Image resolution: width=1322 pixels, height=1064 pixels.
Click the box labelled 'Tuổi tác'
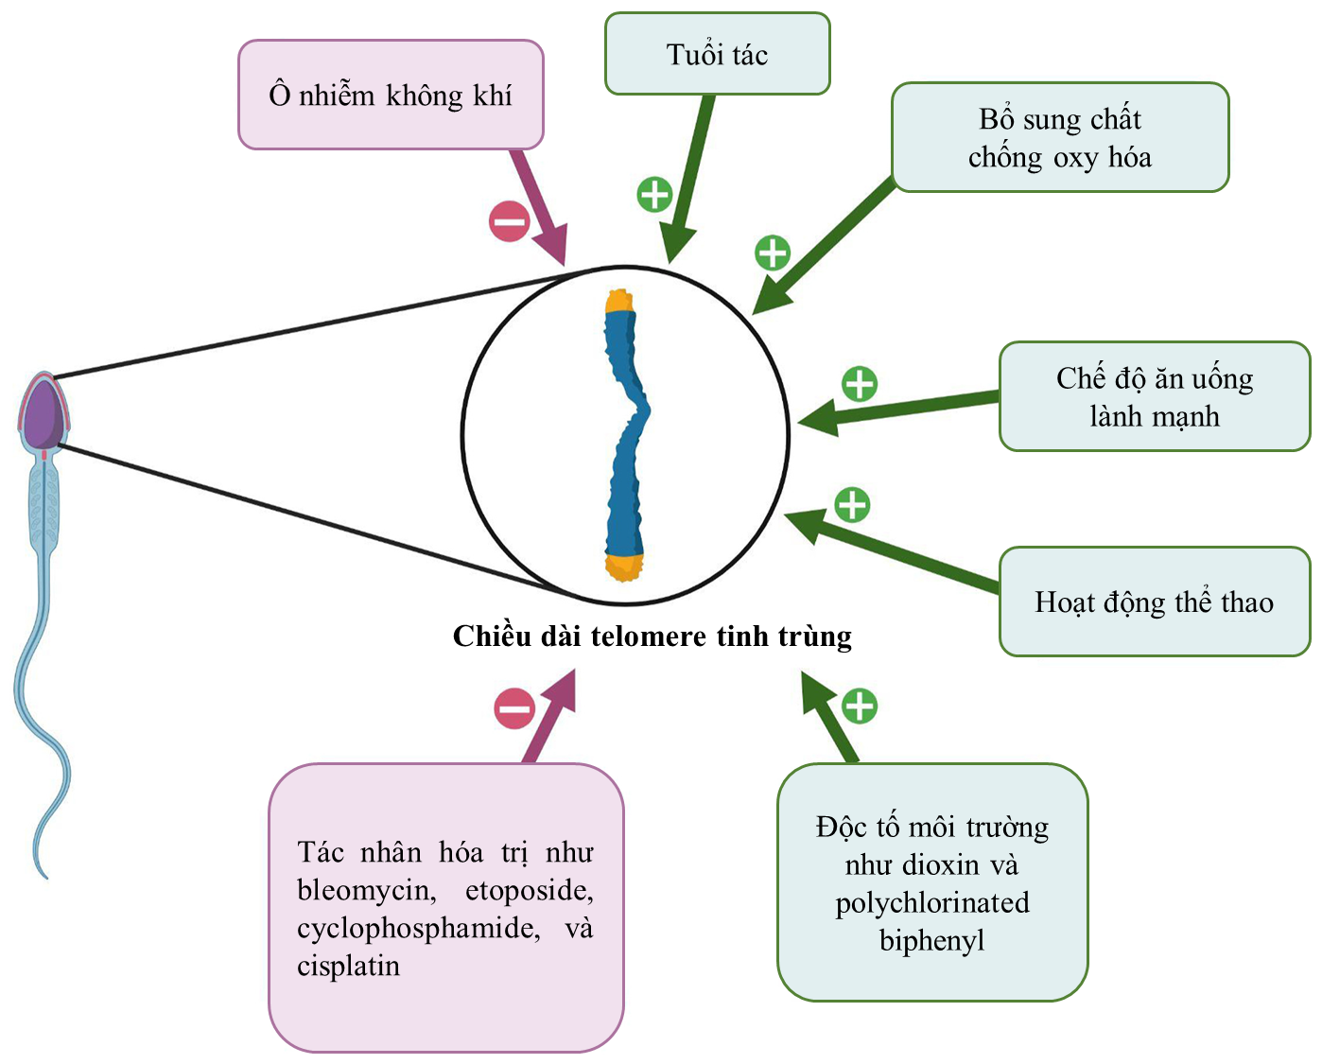click(x=717, y=54)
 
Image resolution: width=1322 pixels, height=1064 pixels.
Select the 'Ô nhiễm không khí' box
click(x=390, y=95)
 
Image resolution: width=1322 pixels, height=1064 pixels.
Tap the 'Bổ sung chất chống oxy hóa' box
click(x=1059, y=137)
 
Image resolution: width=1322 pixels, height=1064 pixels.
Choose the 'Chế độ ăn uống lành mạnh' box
click(x=1154, y=396)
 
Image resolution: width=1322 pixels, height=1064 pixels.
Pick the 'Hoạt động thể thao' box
click(x=1154, y=602)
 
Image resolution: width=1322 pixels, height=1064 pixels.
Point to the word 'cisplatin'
click(x=348, y=966)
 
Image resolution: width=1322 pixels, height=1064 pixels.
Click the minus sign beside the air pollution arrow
click(x=510, y=222)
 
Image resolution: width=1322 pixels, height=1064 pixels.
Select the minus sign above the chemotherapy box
click(x=514, y=708)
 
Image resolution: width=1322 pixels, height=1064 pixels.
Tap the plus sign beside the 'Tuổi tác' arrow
click(x=654, y=194)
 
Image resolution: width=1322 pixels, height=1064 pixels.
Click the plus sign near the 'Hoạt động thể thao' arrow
click(x=852, y=504)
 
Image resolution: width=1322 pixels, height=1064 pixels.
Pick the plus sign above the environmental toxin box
click(x=859, y=706)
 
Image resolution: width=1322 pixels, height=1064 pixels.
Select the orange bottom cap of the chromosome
click(x=624, y=567)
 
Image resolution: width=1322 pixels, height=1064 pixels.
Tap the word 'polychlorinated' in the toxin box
click(x=931, y=902)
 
